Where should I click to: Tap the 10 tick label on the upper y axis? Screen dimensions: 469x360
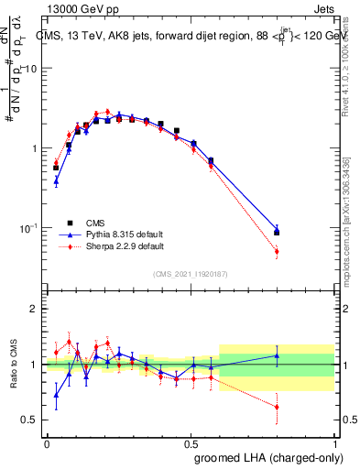[31, 70]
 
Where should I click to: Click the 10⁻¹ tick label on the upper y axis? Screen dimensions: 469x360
[29, 227]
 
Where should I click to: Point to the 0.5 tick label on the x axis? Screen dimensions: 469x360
[191, 442]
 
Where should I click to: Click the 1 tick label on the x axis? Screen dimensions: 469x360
[335, 442]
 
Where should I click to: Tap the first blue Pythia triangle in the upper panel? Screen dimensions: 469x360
[56, 181]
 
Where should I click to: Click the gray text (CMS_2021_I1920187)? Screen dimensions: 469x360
[190, 274]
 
